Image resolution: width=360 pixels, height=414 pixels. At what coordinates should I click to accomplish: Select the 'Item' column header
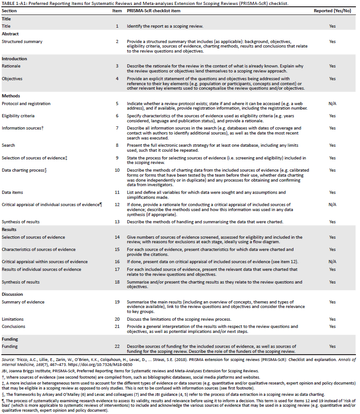click(117, 10)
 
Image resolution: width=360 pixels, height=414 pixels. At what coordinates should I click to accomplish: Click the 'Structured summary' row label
click(22, 42)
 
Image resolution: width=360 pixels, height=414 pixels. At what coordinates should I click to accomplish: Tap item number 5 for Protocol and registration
click(117, 104)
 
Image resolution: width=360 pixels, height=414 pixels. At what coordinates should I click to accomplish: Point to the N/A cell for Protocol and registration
click(332, 104)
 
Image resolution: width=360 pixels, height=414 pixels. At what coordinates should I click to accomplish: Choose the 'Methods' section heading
click(10, 96)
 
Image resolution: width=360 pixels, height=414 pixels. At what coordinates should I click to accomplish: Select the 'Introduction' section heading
click(15, 58)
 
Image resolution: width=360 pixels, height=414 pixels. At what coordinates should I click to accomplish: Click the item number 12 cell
click(117, 205)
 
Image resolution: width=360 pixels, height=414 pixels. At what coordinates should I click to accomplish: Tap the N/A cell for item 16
click(332, 262)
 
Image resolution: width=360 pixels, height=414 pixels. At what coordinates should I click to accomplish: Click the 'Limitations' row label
click(13, 319)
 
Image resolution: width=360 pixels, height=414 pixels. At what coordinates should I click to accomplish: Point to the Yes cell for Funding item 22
click(332, 347)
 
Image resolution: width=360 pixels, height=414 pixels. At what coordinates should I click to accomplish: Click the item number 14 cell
click(117, 237)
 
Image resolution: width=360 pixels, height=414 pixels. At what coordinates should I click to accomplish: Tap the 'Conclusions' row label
click(14, 327)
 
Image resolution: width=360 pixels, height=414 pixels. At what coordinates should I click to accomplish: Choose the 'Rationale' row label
click(11, 66)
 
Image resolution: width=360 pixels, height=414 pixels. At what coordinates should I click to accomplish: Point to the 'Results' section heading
click(10, 230)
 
